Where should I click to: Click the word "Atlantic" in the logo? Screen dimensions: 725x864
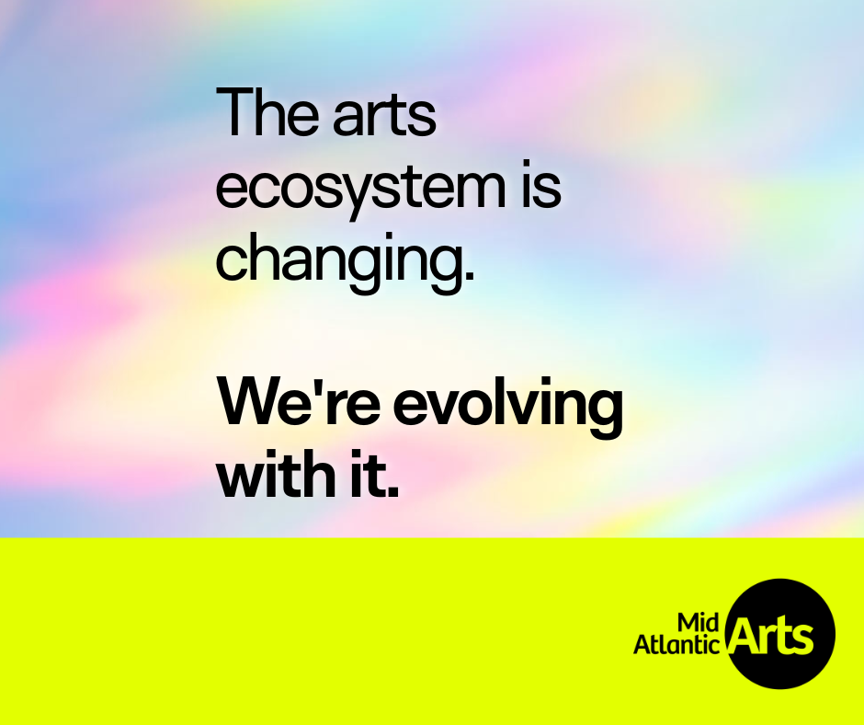point(676,646)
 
